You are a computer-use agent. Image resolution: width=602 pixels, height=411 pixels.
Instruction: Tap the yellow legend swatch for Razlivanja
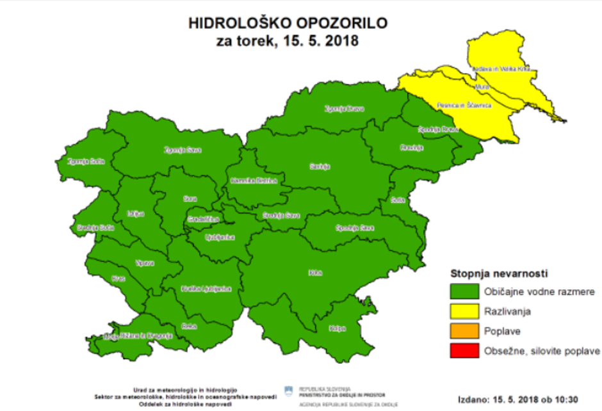464,311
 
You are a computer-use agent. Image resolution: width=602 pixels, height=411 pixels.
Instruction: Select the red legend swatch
464,351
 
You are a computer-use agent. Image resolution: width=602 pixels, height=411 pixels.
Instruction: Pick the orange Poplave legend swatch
464,331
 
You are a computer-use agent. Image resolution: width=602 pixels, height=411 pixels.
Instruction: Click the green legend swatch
464,291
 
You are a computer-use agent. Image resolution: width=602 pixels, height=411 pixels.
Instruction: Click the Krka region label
314,273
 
